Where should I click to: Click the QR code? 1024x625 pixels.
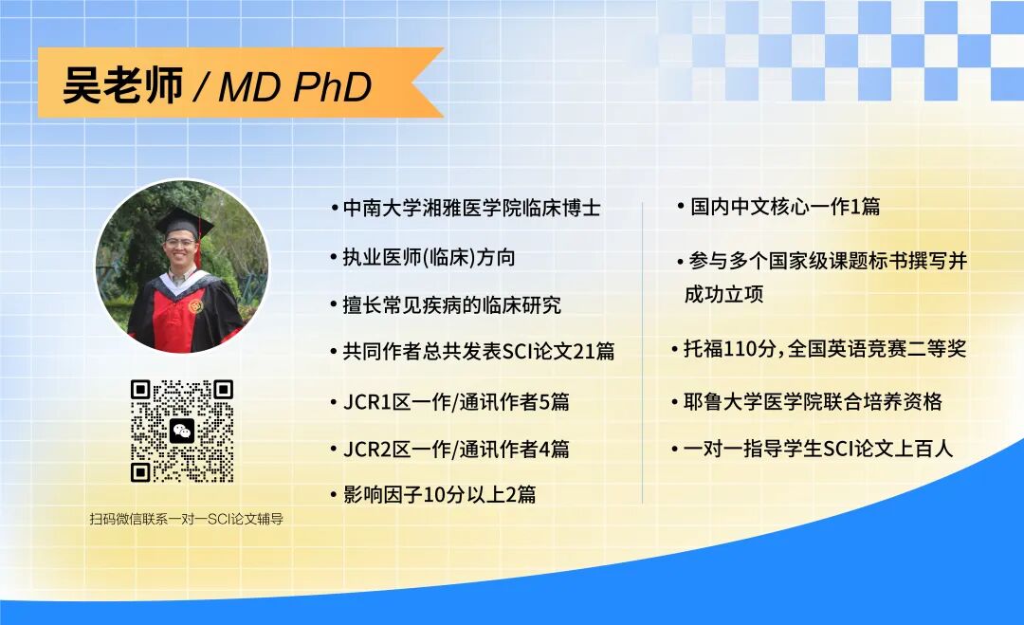[x=182, y=432]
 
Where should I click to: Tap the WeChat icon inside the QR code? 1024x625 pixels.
[x=182, y=432]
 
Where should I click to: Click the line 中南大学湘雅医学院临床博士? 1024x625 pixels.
[x=471, y=209]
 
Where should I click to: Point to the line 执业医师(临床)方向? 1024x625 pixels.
[x=429, y=257]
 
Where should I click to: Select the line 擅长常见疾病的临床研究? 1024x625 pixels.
[x=451, y=304]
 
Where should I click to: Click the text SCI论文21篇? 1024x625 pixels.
[x=558, y=352]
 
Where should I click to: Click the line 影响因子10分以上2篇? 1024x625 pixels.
[x=439, y=494]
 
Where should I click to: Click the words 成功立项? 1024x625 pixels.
[x=724, y=295]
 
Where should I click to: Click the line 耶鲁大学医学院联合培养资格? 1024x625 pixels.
[x=813, y=401]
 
